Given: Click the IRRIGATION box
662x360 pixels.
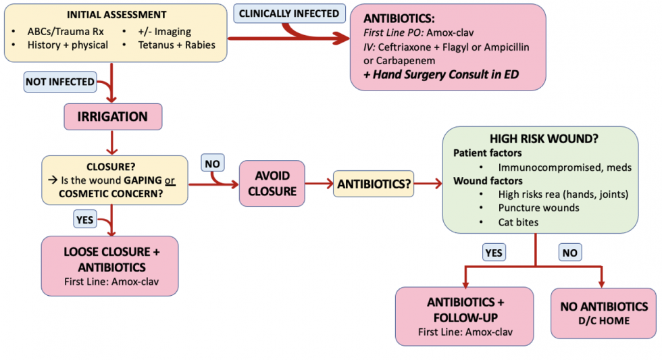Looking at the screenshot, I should pos(113,117).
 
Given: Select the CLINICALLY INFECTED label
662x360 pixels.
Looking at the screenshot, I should pos(289,13).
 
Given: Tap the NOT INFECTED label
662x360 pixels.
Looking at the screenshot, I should pos(59,82).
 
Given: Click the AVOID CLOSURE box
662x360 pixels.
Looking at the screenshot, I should pos(272,183).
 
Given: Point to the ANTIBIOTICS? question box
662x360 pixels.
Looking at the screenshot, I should pos(374,183).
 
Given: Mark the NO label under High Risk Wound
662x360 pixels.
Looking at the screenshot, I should pos(570,253).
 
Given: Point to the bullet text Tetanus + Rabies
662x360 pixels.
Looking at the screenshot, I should pos(176,45).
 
